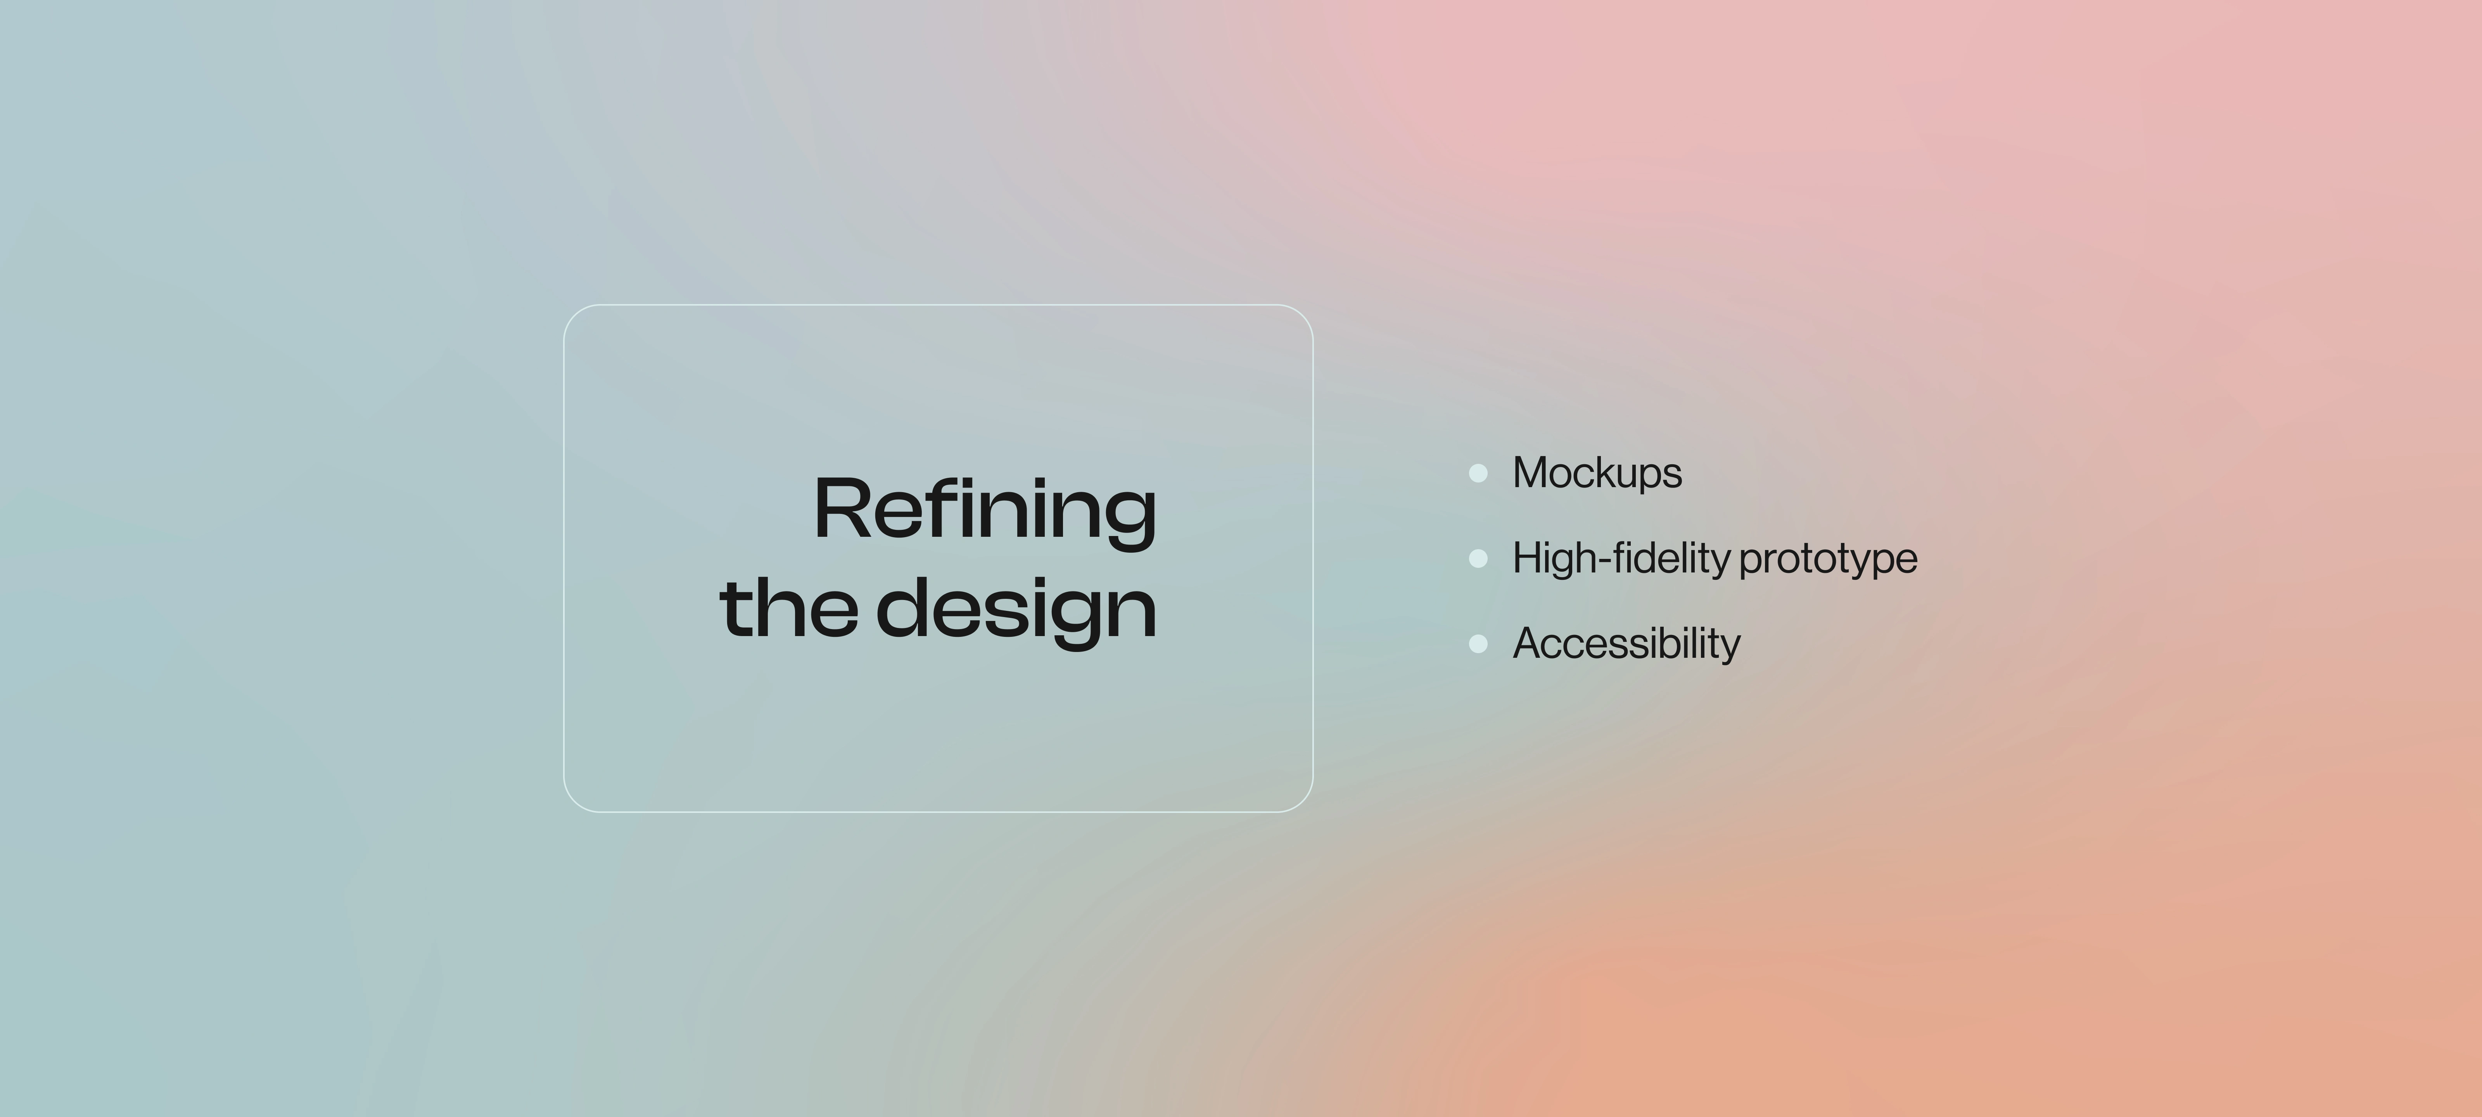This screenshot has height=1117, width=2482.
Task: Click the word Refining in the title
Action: pyautogui.click(x=985, y=511)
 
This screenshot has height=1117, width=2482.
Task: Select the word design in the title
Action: pyautogui.click(x=1016, y=612)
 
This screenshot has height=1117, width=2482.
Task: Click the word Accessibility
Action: pyautogui.click(x=1626, y=643)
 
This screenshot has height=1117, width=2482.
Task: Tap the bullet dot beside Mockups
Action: pyautogui.click(x=1478, y=472)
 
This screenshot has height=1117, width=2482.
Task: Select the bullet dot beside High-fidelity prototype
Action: pyautogui.click(x=1478, y=558)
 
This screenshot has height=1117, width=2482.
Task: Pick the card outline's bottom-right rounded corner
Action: pyautogui.click(x=1303, y=802)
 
